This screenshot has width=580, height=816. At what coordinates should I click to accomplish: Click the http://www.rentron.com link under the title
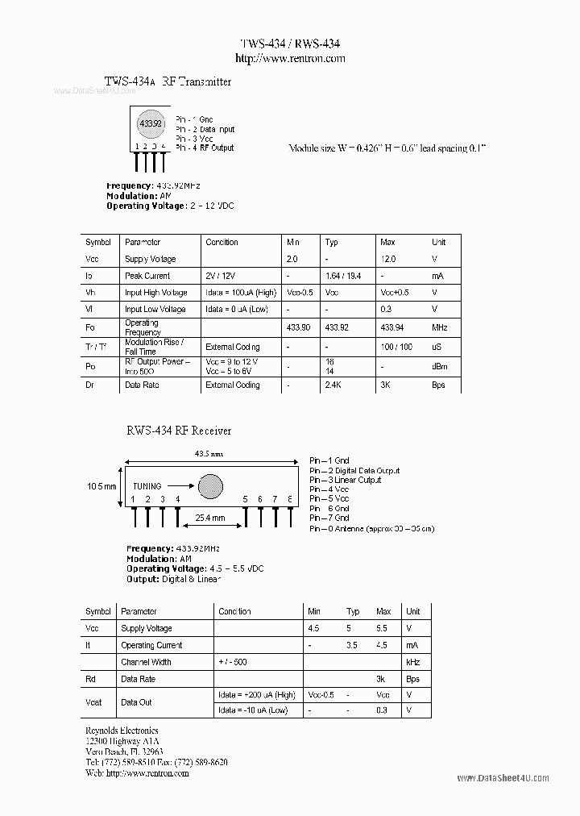[290, 58]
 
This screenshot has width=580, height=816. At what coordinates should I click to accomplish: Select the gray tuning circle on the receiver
[210, 485]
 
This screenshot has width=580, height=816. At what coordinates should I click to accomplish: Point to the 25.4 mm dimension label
[209, 518]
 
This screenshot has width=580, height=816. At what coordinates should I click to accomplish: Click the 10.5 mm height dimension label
[101, 486]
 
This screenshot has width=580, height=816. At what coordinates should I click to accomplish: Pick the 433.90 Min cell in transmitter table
[298, 327]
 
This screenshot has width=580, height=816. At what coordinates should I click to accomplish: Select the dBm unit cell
[439, 366]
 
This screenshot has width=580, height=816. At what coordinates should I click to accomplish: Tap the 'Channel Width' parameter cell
[146, 662]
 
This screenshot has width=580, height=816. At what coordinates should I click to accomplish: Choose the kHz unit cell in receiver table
[413, 662]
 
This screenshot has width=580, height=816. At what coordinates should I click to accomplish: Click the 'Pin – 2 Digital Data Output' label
[354, 470]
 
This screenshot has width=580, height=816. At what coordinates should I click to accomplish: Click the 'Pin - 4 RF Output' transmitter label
[205, 148]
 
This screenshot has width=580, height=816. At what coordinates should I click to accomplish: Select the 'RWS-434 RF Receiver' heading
[178, 431]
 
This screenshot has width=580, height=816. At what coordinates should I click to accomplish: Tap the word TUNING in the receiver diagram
[147, 486]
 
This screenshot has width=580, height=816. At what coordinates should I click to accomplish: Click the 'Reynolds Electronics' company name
[122, 731]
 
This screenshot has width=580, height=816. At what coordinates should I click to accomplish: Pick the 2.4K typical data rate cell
[335, 385]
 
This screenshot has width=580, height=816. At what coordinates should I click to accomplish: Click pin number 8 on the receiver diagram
[288, 500]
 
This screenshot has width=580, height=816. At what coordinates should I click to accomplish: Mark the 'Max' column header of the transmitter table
[387, 242]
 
